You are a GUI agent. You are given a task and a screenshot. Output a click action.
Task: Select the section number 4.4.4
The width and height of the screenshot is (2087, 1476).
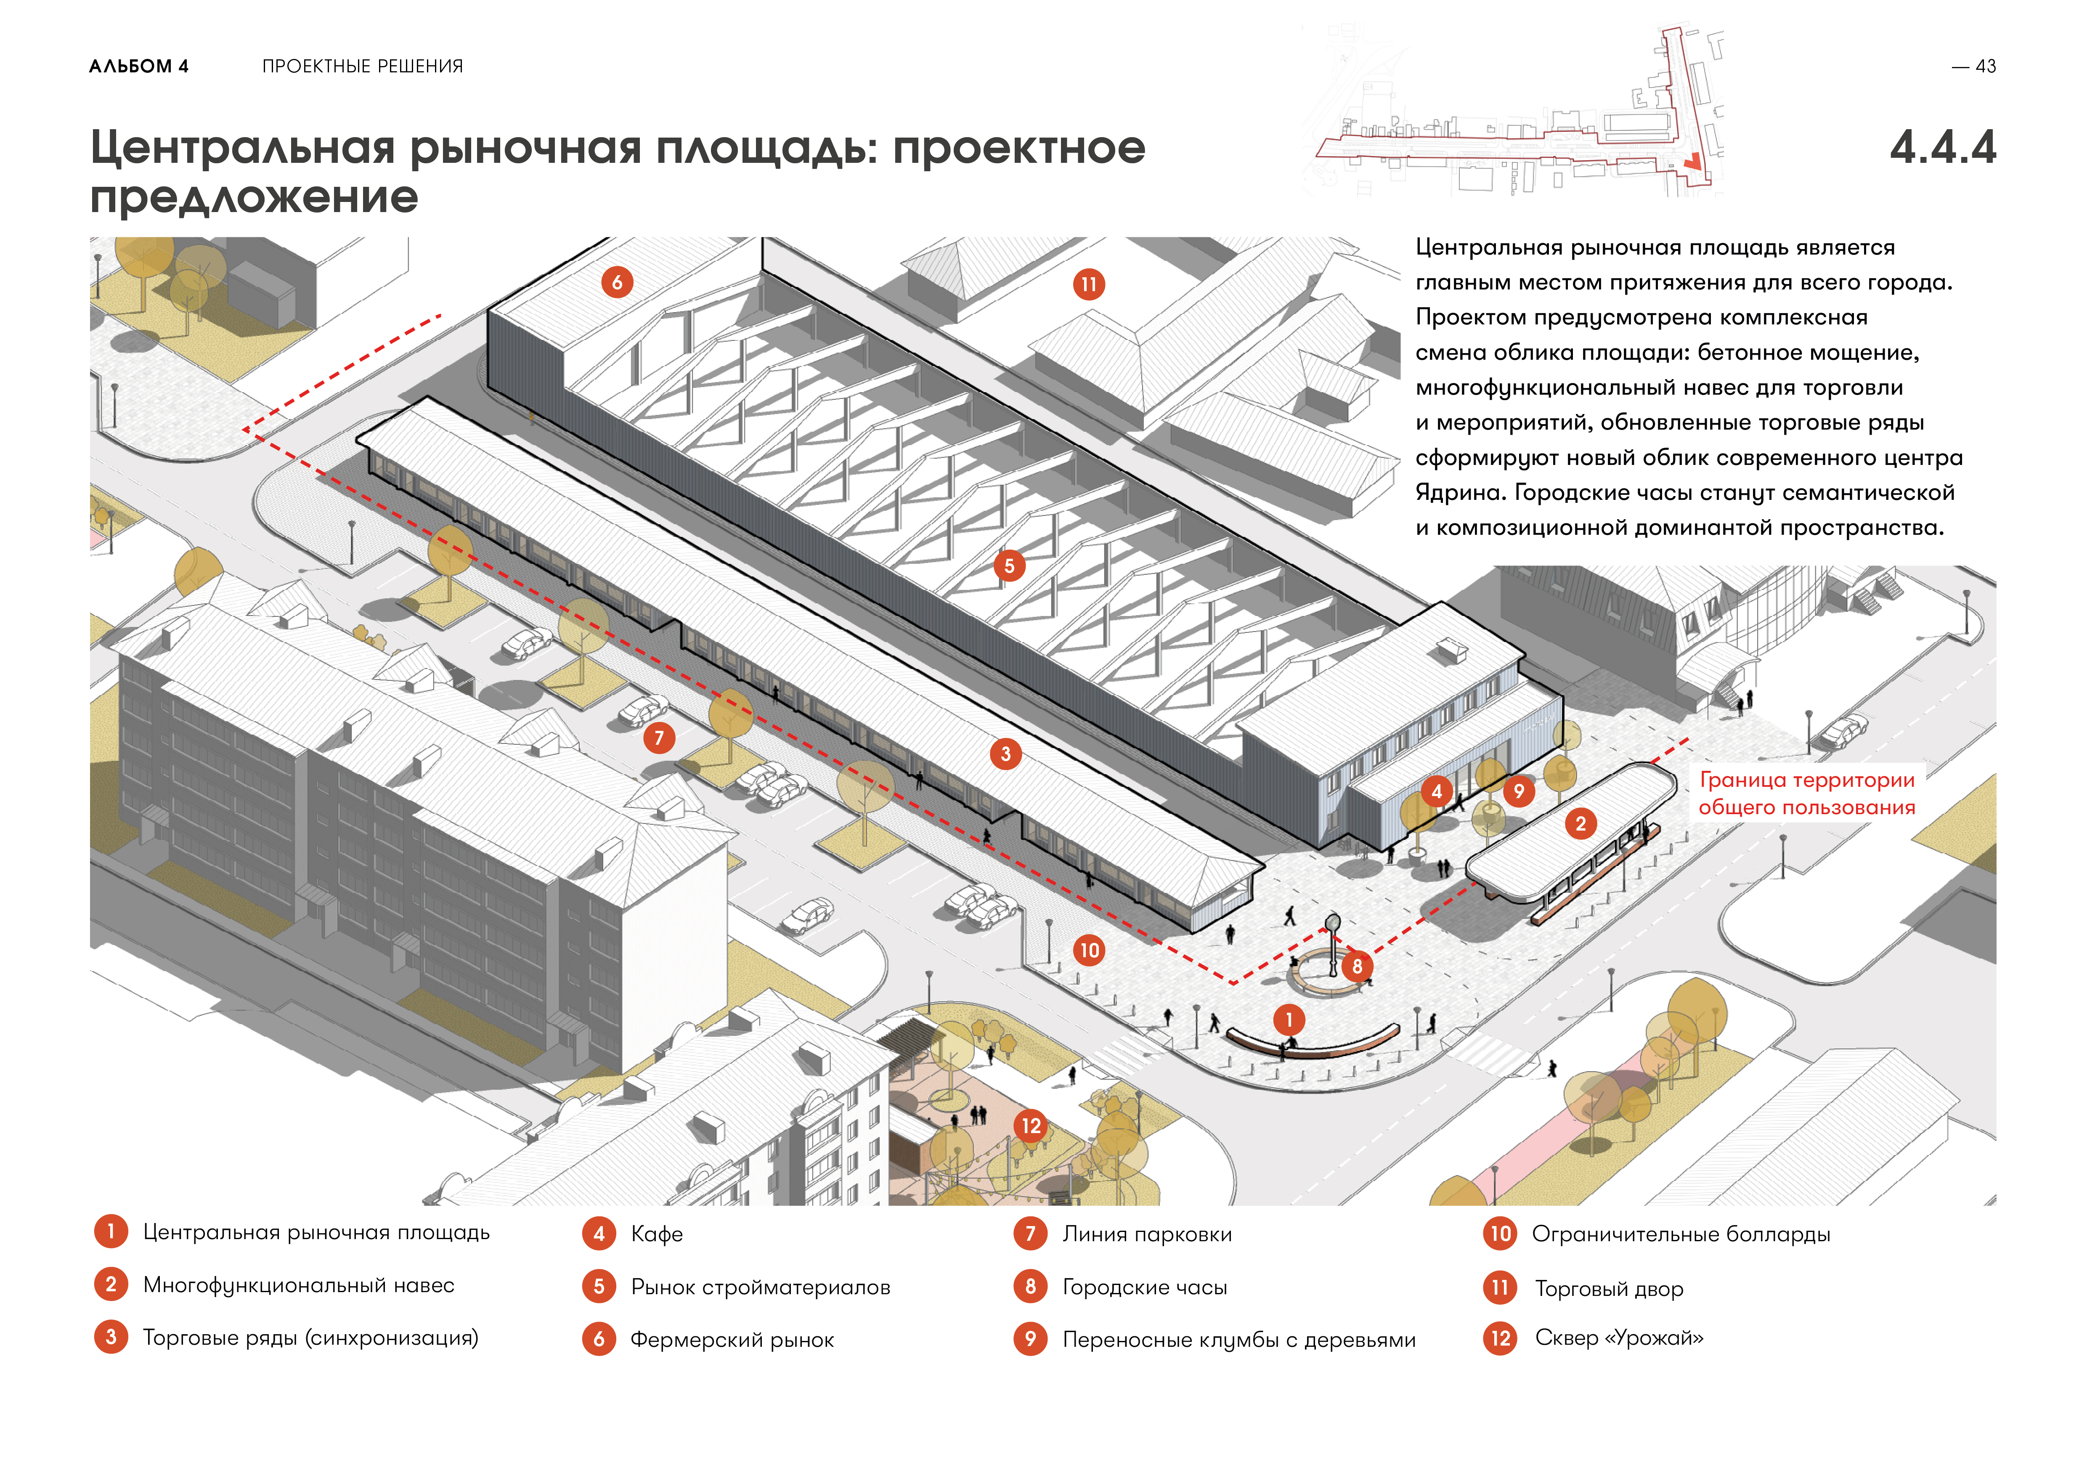[1942, 147]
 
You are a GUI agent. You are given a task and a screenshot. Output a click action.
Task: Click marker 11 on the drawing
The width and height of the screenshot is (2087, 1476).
[1088, 284]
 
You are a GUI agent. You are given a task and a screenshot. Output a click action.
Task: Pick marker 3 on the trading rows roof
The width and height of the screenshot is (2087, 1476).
[1005, 754]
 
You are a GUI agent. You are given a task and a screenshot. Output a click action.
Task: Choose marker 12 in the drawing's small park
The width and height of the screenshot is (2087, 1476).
[1031, 1126]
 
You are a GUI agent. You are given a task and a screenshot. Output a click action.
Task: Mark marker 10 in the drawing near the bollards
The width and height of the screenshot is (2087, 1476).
[1089, 950]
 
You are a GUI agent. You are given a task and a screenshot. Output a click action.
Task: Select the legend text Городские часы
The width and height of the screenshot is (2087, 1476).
[1144, 1287]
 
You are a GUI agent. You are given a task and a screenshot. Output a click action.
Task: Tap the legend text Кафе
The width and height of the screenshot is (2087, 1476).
[656, 1234]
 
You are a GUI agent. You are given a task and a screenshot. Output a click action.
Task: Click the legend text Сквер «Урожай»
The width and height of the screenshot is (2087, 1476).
[1619, 1338]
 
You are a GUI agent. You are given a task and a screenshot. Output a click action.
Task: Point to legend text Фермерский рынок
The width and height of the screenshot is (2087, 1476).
[732, 1340]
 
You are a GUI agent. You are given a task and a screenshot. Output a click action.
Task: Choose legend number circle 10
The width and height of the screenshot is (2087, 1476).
[1500, 1233]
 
